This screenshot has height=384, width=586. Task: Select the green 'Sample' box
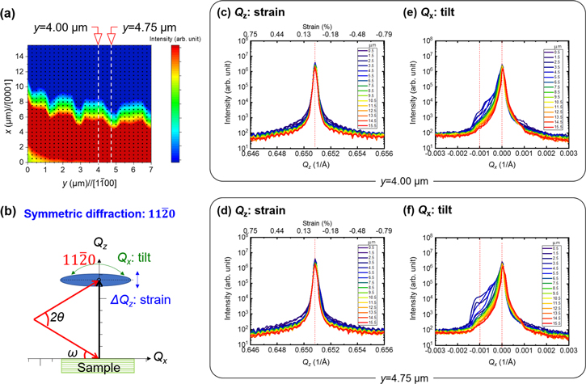coord(98,366)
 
